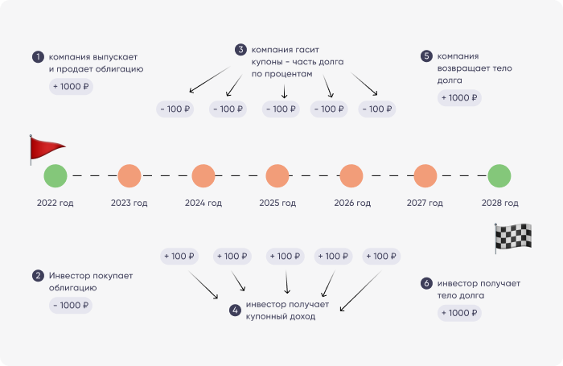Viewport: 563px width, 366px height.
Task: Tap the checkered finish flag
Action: click(513, 237)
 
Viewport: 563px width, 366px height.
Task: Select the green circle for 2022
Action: click(55, 176)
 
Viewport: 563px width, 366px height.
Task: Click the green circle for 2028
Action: click(499, 176)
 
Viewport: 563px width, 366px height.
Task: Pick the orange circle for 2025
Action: click(277, 176)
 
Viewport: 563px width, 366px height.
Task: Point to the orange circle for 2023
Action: click(129, 176)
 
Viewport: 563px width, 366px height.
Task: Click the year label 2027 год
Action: click(425, 203)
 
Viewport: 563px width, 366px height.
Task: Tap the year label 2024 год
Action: click(203, 203)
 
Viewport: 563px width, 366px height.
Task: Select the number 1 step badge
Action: click(38, 57)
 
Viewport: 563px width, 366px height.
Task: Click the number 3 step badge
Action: click(240, 50)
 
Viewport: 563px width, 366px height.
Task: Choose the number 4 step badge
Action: click(235, 310)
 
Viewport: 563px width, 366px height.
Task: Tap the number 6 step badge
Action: click(426, 283)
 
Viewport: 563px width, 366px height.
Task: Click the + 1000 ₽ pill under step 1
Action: click(71, 87)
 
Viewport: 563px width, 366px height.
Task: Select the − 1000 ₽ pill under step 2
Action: click(71, 306)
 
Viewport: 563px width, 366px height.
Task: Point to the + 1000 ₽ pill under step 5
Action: click(459, 97)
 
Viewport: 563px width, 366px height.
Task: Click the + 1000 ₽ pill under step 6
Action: click(459, 313)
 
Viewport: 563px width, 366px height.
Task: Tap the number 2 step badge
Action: click(38, 276)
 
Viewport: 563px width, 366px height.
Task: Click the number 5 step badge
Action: click(426, 56)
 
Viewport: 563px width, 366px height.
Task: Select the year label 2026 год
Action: click(352, 203)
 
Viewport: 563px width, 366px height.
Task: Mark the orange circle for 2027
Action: click(425, 176)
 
